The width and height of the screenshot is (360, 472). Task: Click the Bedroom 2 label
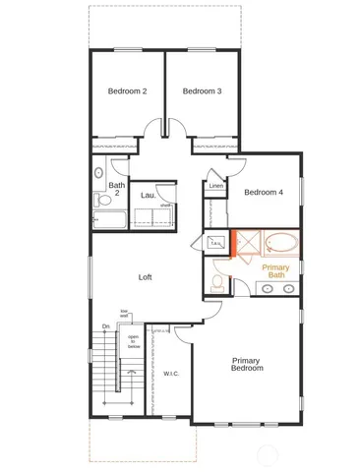127,91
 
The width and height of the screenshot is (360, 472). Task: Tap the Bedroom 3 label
202,91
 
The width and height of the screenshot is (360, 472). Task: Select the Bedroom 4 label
264,193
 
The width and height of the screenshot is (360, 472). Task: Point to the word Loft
145,277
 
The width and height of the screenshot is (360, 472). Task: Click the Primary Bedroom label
246,365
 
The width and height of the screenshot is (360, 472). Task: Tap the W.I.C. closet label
170,373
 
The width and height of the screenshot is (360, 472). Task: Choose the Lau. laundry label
149,196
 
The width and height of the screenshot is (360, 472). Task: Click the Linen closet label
216,186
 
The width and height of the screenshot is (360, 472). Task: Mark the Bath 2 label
116,189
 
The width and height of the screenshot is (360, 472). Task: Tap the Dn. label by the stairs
105,326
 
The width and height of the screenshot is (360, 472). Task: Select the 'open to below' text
133,341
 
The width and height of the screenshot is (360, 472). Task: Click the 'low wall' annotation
125,313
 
